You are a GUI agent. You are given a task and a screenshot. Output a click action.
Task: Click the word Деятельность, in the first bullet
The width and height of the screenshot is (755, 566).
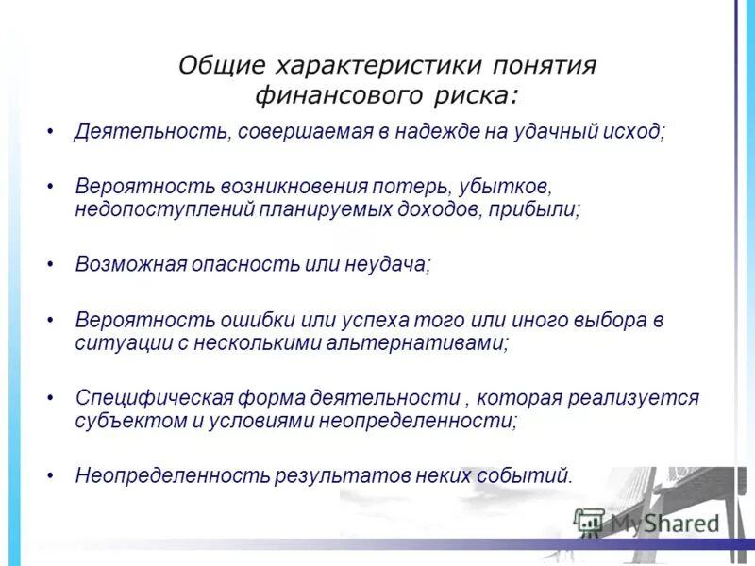point(150,132)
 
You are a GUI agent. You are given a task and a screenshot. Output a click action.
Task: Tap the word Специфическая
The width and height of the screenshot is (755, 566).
point(143,397)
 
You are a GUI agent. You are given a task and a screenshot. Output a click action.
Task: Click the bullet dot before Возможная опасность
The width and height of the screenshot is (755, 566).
point(51,264)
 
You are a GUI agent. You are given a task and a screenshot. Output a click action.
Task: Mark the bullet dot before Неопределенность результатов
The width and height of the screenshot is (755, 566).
point(51,474)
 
